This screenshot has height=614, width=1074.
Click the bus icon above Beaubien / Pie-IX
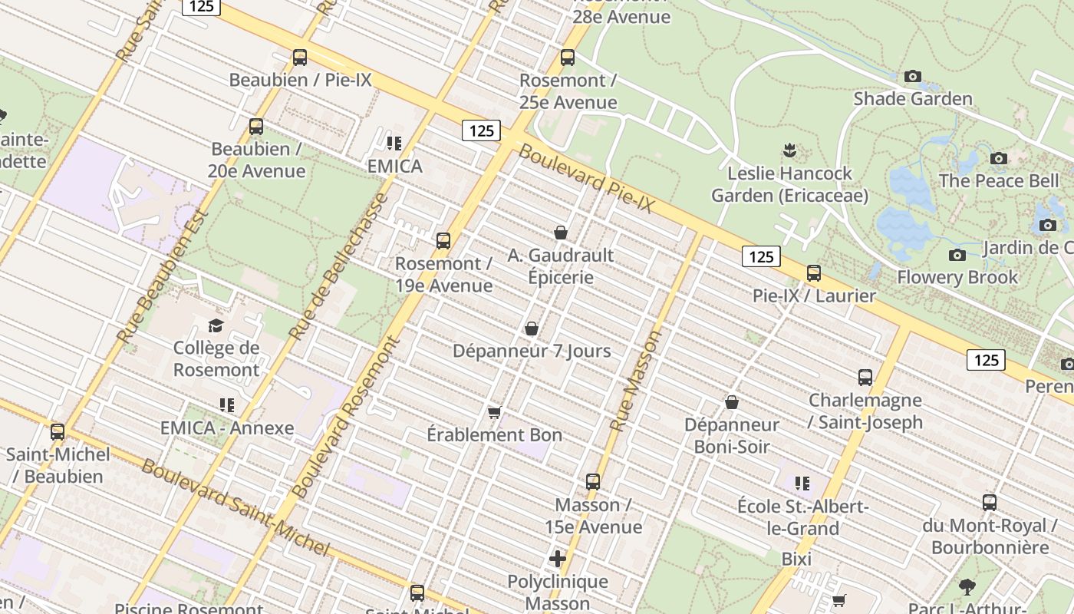(x=299, y=58)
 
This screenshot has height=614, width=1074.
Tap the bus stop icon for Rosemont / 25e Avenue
(x=568, y=58)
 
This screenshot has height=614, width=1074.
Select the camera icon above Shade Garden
(x=912, y=76)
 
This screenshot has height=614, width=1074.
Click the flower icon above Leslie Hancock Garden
(x=789, y=150)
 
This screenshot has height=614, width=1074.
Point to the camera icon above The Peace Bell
(x=998, y=158)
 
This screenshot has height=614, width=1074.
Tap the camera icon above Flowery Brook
(x=957, y=255)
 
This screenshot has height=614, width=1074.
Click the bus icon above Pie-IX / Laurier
(x=814, y=273)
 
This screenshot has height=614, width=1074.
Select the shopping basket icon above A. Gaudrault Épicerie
(x=561, y=233)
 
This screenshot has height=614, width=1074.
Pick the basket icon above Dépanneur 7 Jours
(x=531, y=328)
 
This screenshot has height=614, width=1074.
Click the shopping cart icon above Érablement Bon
(x=495, y=413)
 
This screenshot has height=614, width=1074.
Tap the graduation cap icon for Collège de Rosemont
(x=216, y=325)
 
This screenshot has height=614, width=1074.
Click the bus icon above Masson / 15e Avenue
(x=593, y=482)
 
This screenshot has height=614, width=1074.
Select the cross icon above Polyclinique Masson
(x=558, y=559)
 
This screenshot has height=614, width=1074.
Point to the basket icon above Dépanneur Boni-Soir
(x=732, y=402)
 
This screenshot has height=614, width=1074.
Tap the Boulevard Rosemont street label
(x=347, y=418)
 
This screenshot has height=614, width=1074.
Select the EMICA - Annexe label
(x=227, y=428)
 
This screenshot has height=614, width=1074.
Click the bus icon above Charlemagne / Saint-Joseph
(x=865, y=378)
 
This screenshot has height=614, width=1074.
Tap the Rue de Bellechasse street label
(x=338, y=266)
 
